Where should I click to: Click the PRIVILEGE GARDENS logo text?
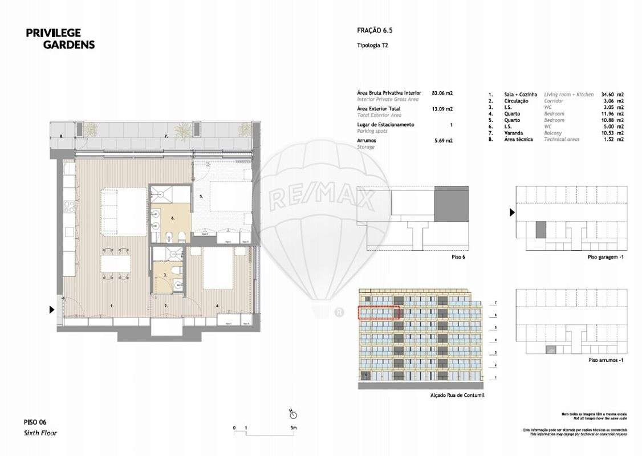point(60,38)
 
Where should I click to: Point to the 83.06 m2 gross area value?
point(443,92)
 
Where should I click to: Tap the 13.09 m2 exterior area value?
point(443,108)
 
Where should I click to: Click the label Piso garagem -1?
point(606,257)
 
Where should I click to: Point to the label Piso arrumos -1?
point(606,361)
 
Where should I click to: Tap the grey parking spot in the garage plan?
point(541,230)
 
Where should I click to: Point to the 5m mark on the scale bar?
point(293,427)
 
